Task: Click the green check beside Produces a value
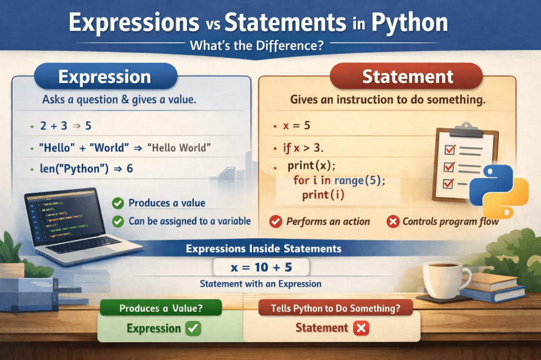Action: pyautogui.click(x=119, y=203)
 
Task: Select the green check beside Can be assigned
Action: pyautogui.click(x=119, y=221)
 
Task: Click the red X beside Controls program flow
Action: pyautogui.click(x=393, y=222)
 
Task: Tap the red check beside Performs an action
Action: pyautogui.click(x=275, y=222)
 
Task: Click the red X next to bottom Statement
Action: pyautogui.click(x=361, y=328)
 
